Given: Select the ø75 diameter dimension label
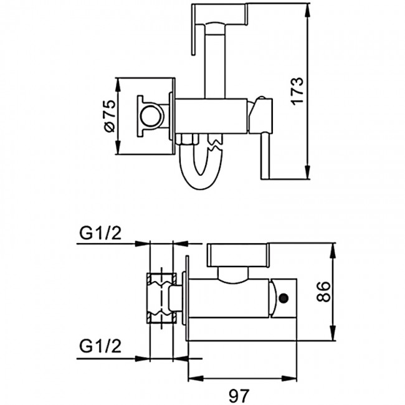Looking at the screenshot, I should click(108, 116).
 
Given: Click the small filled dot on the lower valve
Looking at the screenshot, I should click(285, 298).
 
